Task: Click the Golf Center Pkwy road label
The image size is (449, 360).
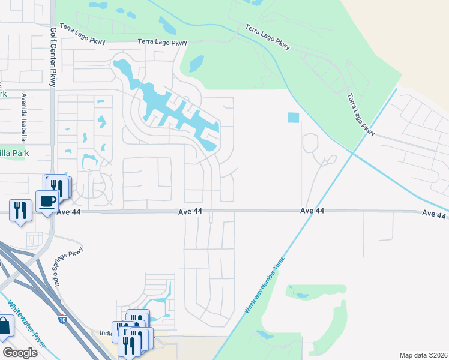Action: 53,57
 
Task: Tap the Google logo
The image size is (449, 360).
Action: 20,353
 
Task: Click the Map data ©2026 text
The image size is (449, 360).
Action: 423,355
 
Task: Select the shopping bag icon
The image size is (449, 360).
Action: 4,326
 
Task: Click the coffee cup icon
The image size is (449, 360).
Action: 46,200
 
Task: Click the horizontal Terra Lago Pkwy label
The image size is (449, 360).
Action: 162,42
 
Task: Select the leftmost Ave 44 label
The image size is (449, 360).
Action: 68,212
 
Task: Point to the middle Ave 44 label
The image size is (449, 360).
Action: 190,212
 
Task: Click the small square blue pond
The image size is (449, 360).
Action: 293,118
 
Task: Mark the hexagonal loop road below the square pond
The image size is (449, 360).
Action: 310,143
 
